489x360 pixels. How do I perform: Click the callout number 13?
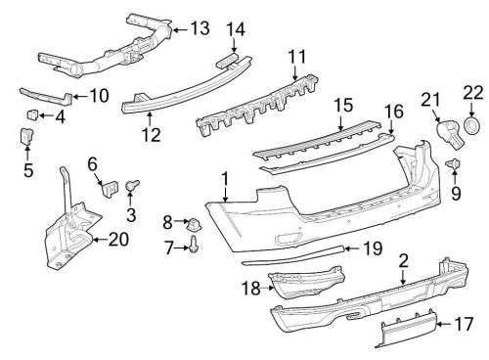tap(200, 28)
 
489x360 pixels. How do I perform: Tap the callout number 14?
tap(236, 29)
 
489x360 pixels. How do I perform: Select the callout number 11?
tap(296, 57)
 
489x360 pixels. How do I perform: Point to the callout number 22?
tap(473, 94)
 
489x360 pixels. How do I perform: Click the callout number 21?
tap(431, 98)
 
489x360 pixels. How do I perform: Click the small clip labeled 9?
tap(454, 163)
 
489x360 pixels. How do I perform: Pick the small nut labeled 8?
tap(195, 222)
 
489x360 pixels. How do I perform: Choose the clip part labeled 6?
tap(108, 185)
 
